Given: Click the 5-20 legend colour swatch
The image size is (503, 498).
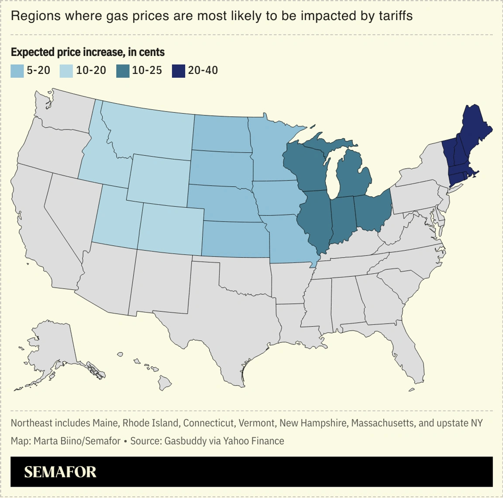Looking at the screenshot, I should (17, 71).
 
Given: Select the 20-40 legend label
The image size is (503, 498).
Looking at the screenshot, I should (203, 70).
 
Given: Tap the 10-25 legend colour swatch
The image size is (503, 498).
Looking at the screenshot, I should (123, 71).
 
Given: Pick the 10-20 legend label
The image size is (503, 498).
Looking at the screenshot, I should (91, 70).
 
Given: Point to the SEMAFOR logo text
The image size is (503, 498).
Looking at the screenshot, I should (60, 472).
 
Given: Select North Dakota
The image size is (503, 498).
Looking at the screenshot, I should (220, 133).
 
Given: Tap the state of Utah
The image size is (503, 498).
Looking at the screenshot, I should (116, 216).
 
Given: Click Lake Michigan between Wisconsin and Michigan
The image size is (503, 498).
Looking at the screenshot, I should (333, 175).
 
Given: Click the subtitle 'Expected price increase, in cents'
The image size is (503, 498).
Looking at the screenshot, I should (88, 52).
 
